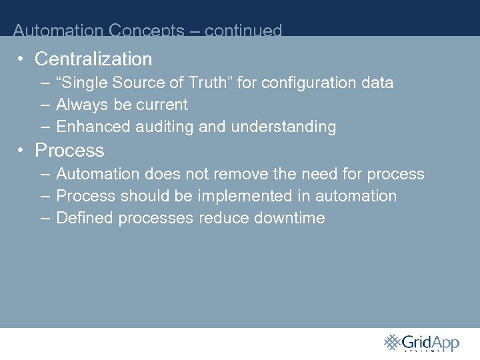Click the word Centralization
[93, 59]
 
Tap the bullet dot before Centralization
[21, 59]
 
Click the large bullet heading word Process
[69, 151]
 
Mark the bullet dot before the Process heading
[21, 150]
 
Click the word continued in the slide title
[243, 31]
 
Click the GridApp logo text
[431, 343]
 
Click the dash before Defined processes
[44, 218]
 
